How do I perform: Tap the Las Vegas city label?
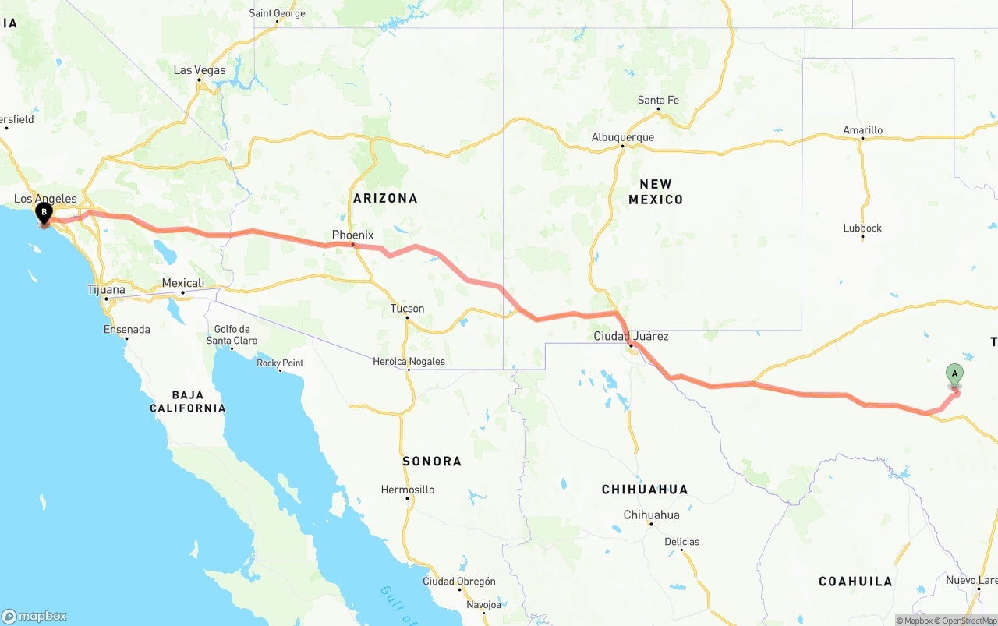point(199,70)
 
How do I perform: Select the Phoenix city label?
point(352,235)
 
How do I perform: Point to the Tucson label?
point(407,309)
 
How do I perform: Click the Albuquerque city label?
point(622,137)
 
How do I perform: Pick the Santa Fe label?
point(658,100)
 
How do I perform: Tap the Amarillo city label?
point(862,130)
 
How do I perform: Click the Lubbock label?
point(862,228)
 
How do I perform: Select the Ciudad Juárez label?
point(631,336)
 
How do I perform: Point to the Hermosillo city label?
point(407,490)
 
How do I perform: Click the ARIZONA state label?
point(385,198)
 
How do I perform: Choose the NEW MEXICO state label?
point(656,192)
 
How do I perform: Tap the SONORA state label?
point(432,461)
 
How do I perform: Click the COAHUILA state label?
point(855,581)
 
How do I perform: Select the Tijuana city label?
point(106,289)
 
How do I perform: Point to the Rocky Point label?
point(280,363)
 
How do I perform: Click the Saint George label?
point(277,13)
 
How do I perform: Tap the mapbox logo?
point(34,616)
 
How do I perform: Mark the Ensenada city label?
point(126,329)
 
